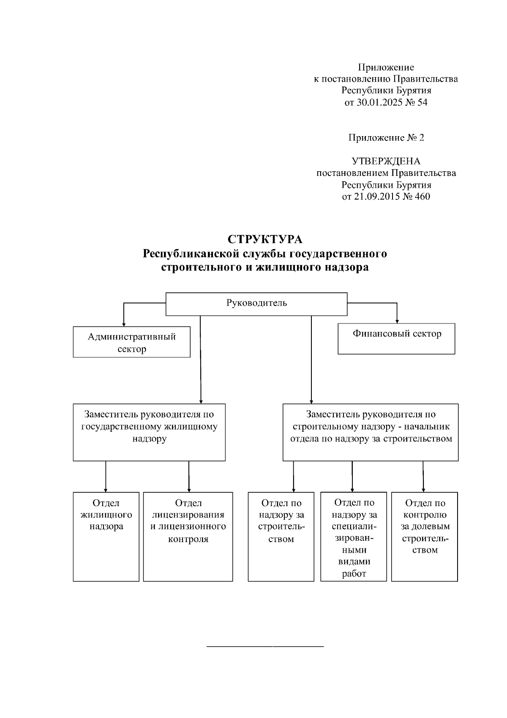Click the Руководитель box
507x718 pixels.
pyautogui.click(x=256, y=304)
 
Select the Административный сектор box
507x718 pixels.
pyautogui.click(x=131, y=342)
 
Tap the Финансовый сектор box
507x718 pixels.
pyautogui.click(x=396, y=339)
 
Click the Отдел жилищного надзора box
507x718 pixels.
pyautogui.click(x=106, y=536)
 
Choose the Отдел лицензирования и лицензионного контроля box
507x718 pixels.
pyautogui.click(x=188, y=536)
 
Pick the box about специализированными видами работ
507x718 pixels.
pyautogui.click(x=354, y=536)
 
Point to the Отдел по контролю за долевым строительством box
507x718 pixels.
pyautogui.click(x=424, y=536)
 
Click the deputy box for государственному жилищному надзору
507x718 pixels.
pyautogui.click(x=149, y=432)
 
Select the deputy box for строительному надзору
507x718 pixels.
pyautogui.click(x=370, y=432)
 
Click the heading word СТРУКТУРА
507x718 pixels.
pyautogui.click(x=265, y=239)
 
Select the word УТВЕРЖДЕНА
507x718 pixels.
pyautogui.click(x=386, y=161)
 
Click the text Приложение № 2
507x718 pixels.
pyautogui.click(x=386, y=137)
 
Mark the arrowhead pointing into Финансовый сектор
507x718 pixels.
pyautogui.click(x=397, y=321)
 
